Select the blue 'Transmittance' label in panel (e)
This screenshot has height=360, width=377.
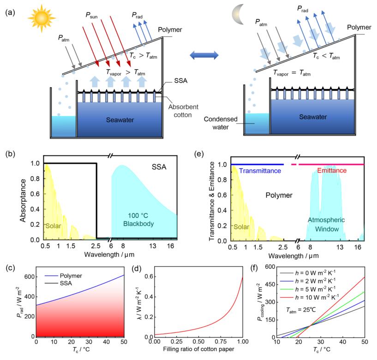click(257, 171)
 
